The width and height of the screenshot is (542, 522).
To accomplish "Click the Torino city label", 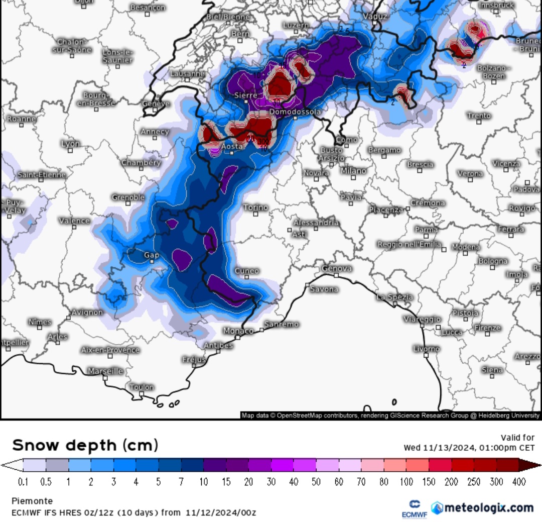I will coord(255,207).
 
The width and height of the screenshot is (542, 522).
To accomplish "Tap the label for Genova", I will coord(336,269).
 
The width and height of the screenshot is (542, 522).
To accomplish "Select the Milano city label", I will coord(354,171).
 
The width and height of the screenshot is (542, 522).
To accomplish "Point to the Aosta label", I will coord(232,146).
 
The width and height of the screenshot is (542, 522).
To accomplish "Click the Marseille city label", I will coord(105,371).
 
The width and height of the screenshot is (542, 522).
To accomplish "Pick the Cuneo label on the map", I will coord(247,271).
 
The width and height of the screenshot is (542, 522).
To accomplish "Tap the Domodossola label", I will coord(295,112).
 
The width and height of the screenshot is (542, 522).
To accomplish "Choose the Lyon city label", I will coord(70,144).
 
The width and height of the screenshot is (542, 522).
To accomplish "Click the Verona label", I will coord(470,174).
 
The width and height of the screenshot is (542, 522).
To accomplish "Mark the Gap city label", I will coord(152,255).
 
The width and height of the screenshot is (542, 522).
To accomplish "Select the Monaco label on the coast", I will coord(238,331).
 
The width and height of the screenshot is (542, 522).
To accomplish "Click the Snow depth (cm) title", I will coord(85,445).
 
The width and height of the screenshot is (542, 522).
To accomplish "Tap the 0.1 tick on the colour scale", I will coord(23,482).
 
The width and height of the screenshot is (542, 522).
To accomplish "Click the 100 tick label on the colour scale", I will coord(406,482).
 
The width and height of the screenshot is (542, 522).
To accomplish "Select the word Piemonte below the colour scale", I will coord(32,501).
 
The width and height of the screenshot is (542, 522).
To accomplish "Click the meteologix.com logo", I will coord(482,507).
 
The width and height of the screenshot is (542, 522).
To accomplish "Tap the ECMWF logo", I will coord(415,509).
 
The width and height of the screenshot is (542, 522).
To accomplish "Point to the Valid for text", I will coord(517,438).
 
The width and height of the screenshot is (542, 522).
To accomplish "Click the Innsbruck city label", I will coord(495,5).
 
